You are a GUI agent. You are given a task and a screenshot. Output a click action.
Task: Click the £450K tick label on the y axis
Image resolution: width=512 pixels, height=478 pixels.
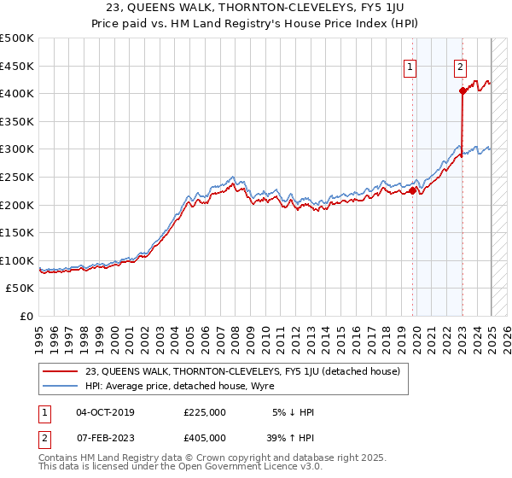(x=17, y=66)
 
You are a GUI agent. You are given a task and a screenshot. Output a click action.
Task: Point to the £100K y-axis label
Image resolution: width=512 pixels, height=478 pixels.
(x=17, y=260)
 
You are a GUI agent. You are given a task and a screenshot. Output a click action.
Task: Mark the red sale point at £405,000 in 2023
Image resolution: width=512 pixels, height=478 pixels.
(x=462, y=90)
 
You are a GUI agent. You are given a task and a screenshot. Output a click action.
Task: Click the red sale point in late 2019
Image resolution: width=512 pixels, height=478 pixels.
(x=412, y=190)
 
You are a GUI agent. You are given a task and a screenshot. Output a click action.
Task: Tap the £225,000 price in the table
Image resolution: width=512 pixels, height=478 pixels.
(x=204, y=412)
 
